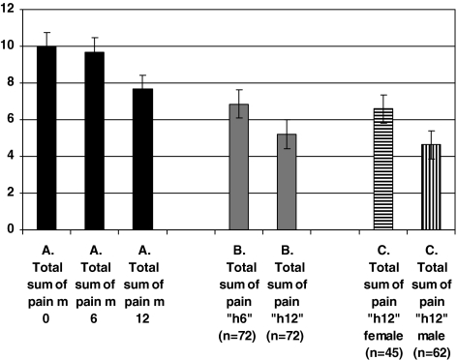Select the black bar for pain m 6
(94, 141)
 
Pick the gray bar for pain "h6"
(238, 167)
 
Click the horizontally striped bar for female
(382, 169)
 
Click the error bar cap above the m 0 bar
(46, 32)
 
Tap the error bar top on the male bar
(430, 131)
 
